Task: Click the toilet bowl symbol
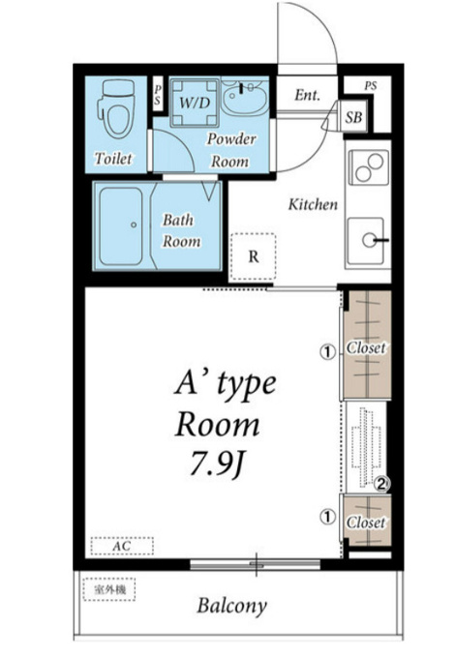[116, 109]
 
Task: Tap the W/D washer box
[195, 102]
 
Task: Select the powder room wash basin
[244, 98]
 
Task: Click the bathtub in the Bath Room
[121, 226]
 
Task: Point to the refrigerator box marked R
[253, 256]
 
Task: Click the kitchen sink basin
[366, 240]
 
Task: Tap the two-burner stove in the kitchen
[369, 167]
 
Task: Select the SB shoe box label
[353, 117]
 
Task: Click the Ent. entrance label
[307, 95]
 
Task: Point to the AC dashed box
[122, 546]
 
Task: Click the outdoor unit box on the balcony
[109, 589]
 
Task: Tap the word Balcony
[231, 606]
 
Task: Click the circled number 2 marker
[381, 485]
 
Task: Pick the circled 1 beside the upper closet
[328, 351]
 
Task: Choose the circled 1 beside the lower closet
[328, 517]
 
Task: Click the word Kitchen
[313, 204]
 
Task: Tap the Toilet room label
[113, 158]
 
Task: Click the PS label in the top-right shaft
[370, 86]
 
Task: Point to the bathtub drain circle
[134, 224]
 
